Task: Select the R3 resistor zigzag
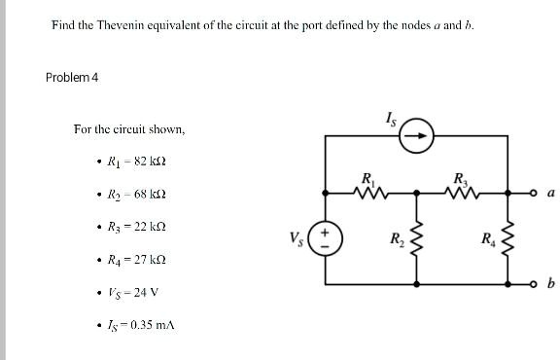pyautogui.click(x=463, y=194)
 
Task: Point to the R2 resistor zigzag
pyautogui.click(x=416, y=238)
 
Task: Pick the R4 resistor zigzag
pyautogui.click(x=507, y=238)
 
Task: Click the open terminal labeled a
pyautogui.click(x=534, y=193)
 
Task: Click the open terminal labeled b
pyautogui.click(x=534, y=284)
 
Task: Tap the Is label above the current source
pyautogui.click(x=391, y=119)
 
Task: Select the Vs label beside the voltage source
pyautogui.click(x=297, y=238)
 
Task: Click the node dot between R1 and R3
pyautogui.click(x=416, y=193)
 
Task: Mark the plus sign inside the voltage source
pyautogui.click(x=325, y=233)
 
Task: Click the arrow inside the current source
pyautogui.click(x=416, y=136)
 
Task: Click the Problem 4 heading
pyautogui.click(x=72, y=77)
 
